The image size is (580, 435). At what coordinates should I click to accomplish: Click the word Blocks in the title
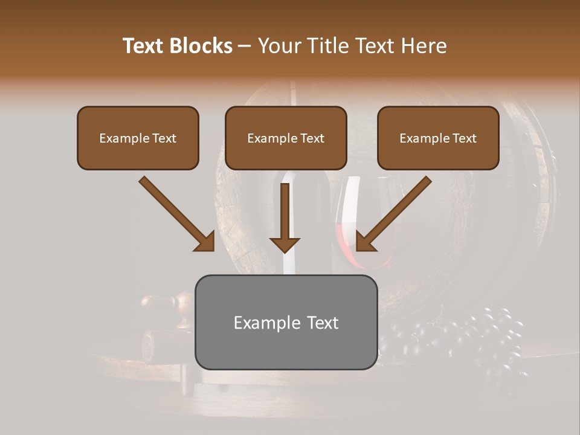click(x=202, y=46)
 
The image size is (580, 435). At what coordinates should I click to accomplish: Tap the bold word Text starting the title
click(x=145, y=46)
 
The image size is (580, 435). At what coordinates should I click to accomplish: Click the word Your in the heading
click(x=280, y=46)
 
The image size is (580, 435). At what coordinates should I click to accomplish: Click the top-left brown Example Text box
click(x=138, y=138)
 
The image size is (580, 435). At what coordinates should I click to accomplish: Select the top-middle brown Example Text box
click(x=286, y=138)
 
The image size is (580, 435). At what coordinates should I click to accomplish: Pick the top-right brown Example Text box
click(x=438, y=138)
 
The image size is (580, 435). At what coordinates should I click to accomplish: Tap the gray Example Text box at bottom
click(x=286, y=322)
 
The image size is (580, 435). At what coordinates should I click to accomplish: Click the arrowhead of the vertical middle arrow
click(x=285, y=245)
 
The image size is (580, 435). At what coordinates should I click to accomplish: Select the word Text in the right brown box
click(x=464, y=138)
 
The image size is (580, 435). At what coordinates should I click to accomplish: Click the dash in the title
click(x=245, y=46)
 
